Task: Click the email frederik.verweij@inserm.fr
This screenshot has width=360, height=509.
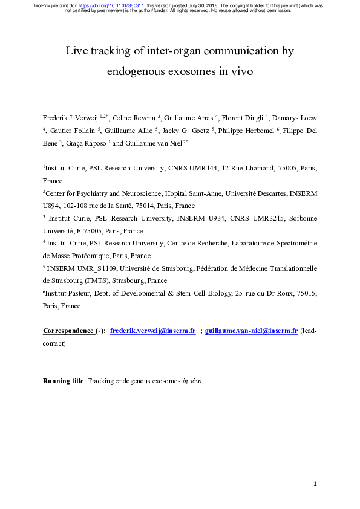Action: point(152,331)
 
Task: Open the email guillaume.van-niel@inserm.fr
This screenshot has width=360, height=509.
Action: point(251,331)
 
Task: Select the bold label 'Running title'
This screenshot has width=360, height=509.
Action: point(63,381)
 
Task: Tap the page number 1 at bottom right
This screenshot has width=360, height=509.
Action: point(315,484)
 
